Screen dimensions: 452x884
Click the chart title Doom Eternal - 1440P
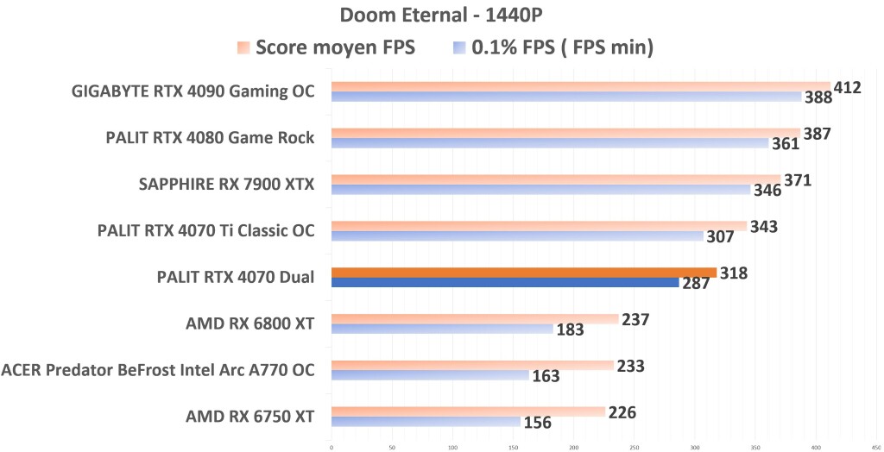[x=442, y=15]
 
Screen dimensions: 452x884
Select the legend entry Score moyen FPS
[x=335, y=47]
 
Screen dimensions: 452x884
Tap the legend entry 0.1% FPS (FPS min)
[x=562, y=47]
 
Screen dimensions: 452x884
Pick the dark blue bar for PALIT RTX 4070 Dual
[x=504, y=282]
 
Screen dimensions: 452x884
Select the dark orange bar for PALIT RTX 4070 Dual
[x=522, y=273]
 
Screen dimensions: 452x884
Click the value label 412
[x=849, y=86]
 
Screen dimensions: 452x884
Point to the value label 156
[x=539, y=424]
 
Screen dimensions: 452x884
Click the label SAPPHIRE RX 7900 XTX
[x=227, y=184]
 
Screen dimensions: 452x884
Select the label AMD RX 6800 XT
[x=249, y=323]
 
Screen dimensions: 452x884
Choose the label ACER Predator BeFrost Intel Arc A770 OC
[x=157, y=370]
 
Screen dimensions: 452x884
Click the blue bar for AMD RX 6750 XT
[x=426, y=422]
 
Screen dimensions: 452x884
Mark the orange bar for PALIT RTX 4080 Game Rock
[x=565, y=133]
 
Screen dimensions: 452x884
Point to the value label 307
[x=723, y=236]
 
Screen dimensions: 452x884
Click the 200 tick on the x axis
[x=574, y=447]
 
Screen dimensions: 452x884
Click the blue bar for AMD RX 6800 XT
[x=441, y=329]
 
